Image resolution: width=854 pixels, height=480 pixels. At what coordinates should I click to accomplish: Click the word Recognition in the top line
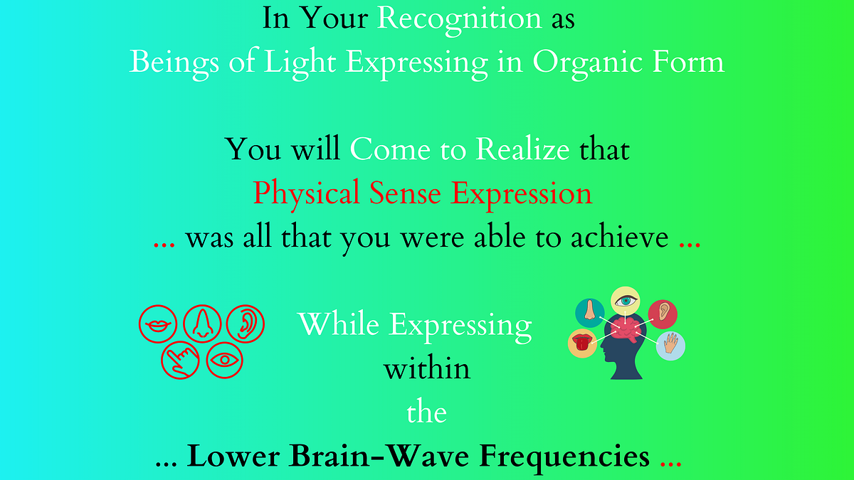(x=459, y=19)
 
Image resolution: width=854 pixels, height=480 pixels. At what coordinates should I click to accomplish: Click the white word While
(x=339, y=325)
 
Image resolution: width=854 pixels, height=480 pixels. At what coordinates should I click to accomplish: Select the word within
(x=426, y=369)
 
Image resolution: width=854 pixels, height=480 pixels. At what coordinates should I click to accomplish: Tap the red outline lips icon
(x=157, y=324)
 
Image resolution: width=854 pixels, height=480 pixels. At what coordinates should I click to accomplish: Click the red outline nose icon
(x=201, y=324)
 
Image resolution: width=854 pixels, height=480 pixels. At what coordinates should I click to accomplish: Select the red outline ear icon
(x=246, y=324)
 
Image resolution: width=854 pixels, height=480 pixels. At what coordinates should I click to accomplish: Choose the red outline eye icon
(x=225, y=360)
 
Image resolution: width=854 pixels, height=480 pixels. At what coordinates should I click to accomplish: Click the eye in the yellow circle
(x=626, y=301)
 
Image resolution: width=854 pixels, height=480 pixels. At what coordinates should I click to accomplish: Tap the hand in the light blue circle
(x=670, y=346)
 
